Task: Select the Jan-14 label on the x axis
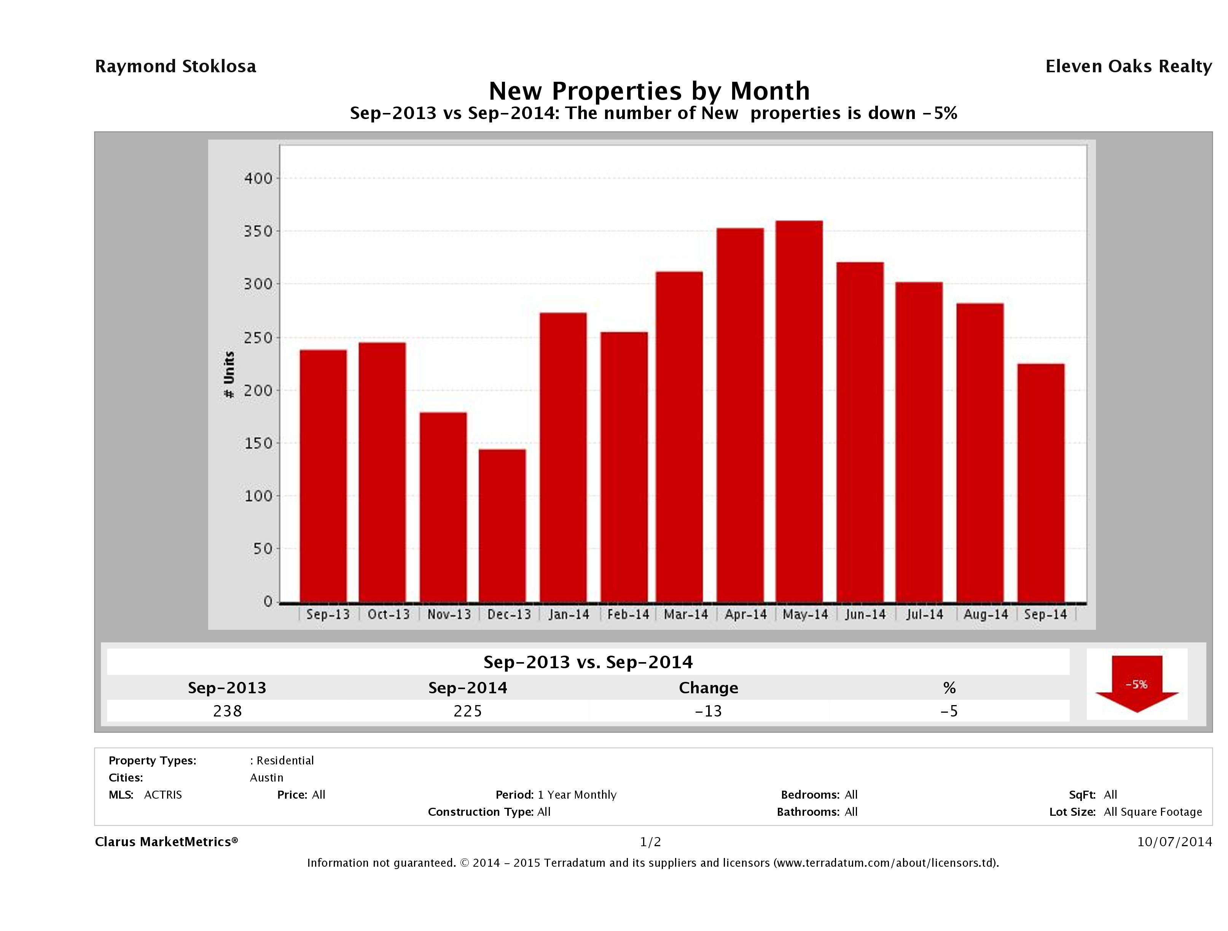click(x=569, y=614)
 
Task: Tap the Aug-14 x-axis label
click(x=985, y=614)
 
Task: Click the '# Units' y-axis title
click(x=229, y=375)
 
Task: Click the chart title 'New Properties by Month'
click(x=649, y=91)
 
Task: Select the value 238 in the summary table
click(x=227, y=711)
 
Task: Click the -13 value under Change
click(x=709, y=711)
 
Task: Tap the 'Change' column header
click(x=709, y=688)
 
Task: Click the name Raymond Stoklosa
click(x=175, y=67)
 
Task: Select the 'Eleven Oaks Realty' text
click(x=1128, y=67)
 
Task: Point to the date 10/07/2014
click(x=1174, y=842)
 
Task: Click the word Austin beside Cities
click(x=266, y=777)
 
